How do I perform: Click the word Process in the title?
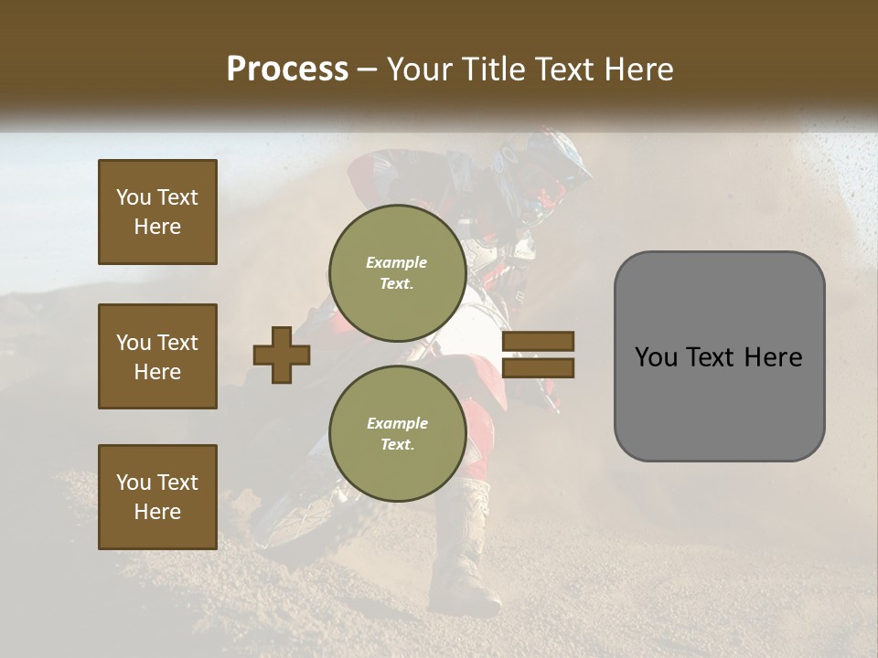pos(287,69)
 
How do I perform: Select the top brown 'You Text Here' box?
pos(157,212)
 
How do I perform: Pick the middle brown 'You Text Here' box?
pos(157,356)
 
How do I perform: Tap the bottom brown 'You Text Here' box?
pos(157,497)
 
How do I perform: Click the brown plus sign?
pos(282,355)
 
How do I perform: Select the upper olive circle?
pos(397,273)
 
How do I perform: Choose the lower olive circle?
pos(397,433)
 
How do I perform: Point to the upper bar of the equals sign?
pos(538,342)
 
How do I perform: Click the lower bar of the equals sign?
pos(538,367)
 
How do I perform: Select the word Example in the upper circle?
pos(397,262)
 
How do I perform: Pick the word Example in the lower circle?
pos(397,423)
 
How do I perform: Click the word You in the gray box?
pos(656,357)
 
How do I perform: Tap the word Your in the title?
pos(421,69)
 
